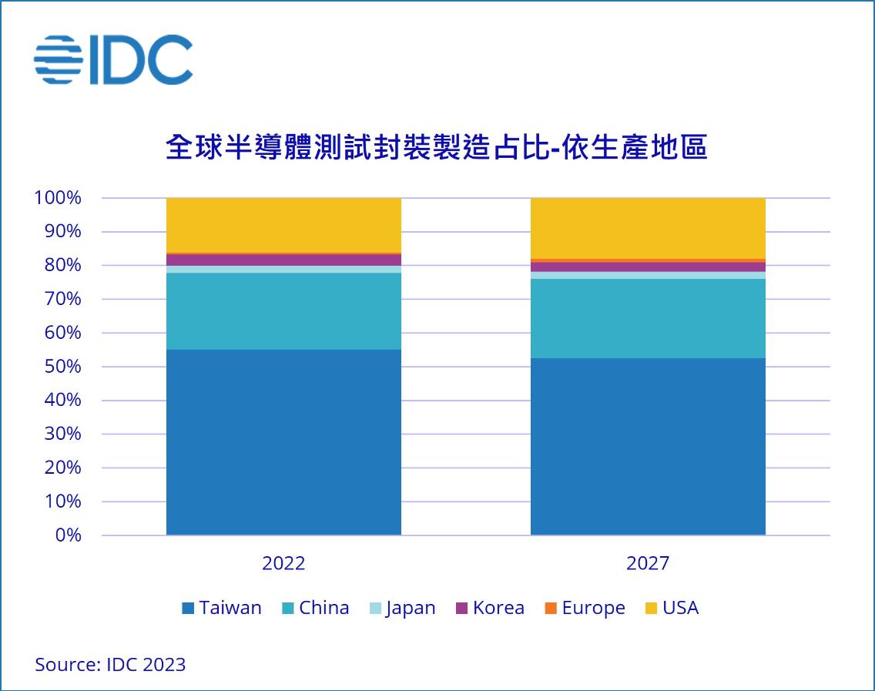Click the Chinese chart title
(437, 147)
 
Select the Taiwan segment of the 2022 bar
(283, 442)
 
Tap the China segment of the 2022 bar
(283, 311)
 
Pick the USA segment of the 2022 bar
(283, 225)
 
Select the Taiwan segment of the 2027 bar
(648, 447)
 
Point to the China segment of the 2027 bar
(648, 318)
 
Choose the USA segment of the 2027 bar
(648, 228)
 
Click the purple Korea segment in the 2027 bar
(648, 267)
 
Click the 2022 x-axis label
(283, 563)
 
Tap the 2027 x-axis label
(648, 563)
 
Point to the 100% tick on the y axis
(57, 198)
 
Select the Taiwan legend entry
(222, 608)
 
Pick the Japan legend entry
(401, 608)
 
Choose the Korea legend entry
(490, 608)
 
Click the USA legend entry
(672, 608)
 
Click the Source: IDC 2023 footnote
(110, 664)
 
